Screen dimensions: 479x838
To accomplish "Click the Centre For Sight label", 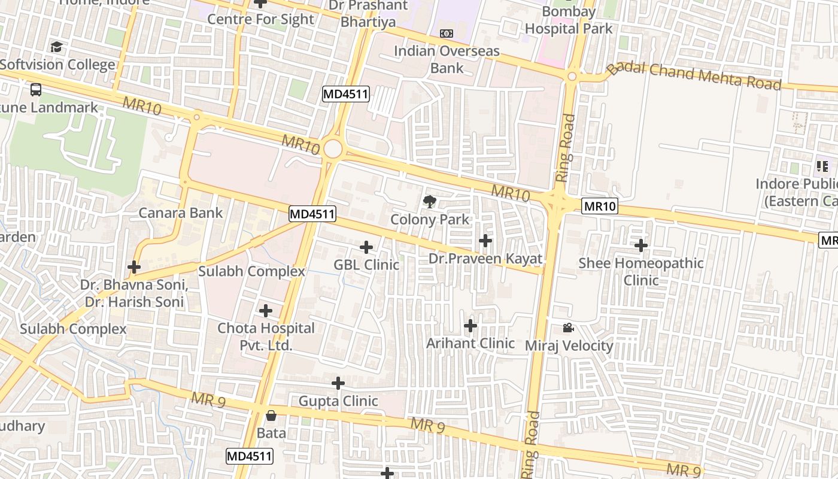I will [260, 19].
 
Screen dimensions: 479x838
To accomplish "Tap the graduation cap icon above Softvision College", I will [56, 47].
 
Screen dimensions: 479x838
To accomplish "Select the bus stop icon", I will [36, 90].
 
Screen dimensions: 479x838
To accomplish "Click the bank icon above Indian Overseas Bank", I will [447, 34].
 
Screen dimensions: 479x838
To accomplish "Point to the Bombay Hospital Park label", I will [569, 20].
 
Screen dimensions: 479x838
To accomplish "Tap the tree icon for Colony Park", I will [430, 202].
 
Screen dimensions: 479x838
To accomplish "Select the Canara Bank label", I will [181, 213].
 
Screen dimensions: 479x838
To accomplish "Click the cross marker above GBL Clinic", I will [366, 247].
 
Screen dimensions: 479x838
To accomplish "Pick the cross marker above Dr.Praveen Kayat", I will [485, 241].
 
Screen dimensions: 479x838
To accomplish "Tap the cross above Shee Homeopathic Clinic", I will [641, 245].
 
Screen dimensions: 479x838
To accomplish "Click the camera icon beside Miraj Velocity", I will [568, 328].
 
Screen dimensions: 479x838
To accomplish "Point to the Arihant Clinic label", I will [470, 343].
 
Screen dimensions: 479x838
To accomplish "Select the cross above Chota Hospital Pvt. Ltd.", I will [266, 311].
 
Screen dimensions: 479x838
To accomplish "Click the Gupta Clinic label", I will [338, 401].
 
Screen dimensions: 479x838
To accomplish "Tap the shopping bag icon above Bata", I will [271, 416].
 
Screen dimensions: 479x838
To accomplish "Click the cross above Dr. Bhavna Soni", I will [134, 267].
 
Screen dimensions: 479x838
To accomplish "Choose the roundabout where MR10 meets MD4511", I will [333, 149].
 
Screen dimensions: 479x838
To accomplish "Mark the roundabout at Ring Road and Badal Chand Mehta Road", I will [572, 77].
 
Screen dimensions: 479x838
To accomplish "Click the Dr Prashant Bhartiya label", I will [368, 14].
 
